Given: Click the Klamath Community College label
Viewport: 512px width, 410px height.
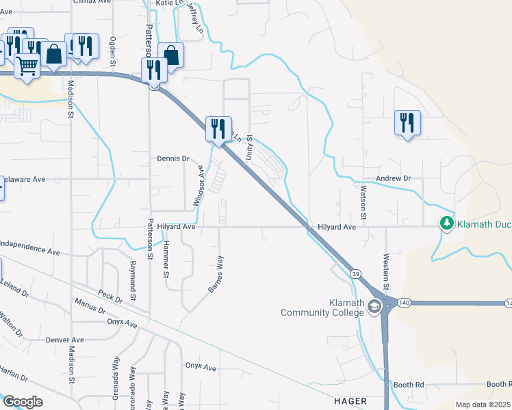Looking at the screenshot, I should [x=322, y=307].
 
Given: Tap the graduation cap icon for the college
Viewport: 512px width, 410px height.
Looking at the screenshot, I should [x=374, y=307].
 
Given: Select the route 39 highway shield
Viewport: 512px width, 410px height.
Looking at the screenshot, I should [x=355, y=273].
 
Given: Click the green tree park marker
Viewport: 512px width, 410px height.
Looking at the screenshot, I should [x=447, y=223].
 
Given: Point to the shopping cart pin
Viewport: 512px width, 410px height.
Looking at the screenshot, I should [x=27, y=67].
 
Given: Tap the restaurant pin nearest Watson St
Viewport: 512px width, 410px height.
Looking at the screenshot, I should [x=407, y=123].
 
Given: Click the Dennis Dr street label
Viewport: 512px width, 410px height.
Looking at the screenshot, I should [x=172, y=159].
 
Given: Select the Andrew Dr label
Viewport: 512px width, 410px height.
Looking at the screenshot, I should [x=393, y=178].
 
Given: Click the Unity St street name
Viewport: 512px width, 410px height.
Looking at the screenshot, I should [x=250, y=145].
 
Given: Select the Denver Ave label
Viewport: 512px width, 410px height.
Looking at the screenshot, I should [x=64, y=340].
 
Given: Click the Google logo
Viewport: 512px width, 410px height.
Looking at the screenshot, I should [x=23, y=402].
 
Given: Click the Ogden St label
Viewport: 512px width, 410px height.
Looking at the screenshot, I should [x=112, y=52].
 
